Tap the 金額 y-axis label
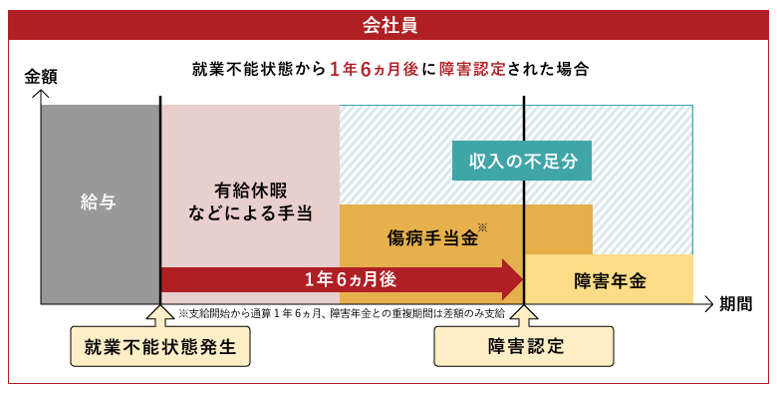[x=42, y=76]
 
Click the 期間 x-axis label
[x=741, y=303]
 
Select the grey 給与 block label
[x=99, y=202]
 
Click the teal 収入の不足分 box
[x=516, y=160]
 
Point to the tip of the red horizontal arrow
[x=521, y=279]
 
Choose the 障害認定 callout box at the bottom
[x=525, y=347]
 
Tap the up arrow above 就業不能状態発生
[x=159, y=315]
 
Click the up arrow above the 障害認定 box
[x=525, y=315]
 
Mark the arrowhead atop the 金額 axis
[x=41, y=94]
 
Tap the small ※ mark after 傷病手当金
[x=482, y=228]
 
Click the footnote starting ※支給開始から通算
[x=342, y=312]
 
